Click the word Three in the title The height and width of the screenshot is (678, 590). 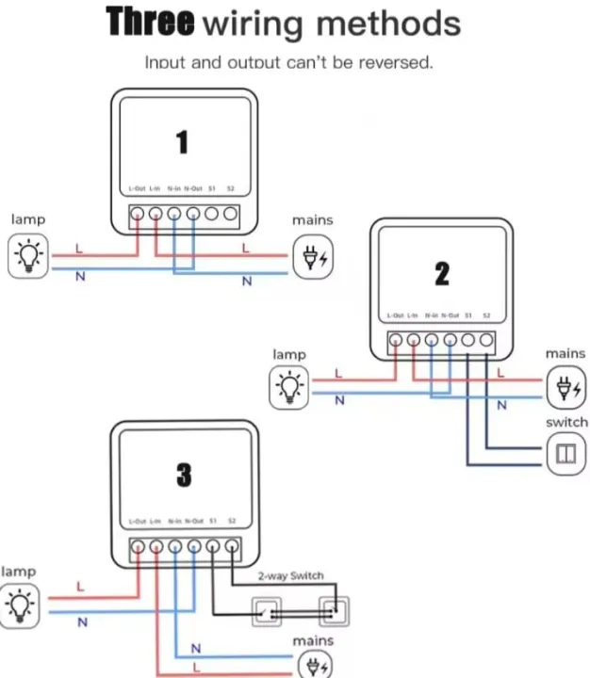(x=150, y=23)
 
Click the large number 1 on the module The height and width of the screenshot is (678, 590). (x=182, y=141)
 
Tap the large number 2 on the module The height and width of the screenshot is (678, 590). (x=442, y=273)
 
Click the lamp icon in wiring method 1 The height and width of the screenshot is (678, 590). (x=28, y=256)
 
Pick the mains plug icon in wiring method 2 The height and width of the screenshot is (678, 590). (x=565, y=386)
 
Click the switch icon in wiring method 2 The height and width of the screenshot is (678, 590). (x=565, y=454)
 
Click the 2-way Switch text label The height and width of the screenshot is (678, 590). (x=290, y=575)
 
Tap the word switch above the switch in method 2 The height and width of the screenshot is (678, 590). (x=566, y=422)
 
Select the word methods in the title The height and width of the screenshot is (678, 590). (x=387, y=23)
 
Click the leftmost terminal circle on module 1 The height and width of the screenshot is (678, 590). (x=138, y=214)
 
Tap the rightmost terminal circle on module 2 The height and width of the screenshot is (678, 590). (x=486, y=340)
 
